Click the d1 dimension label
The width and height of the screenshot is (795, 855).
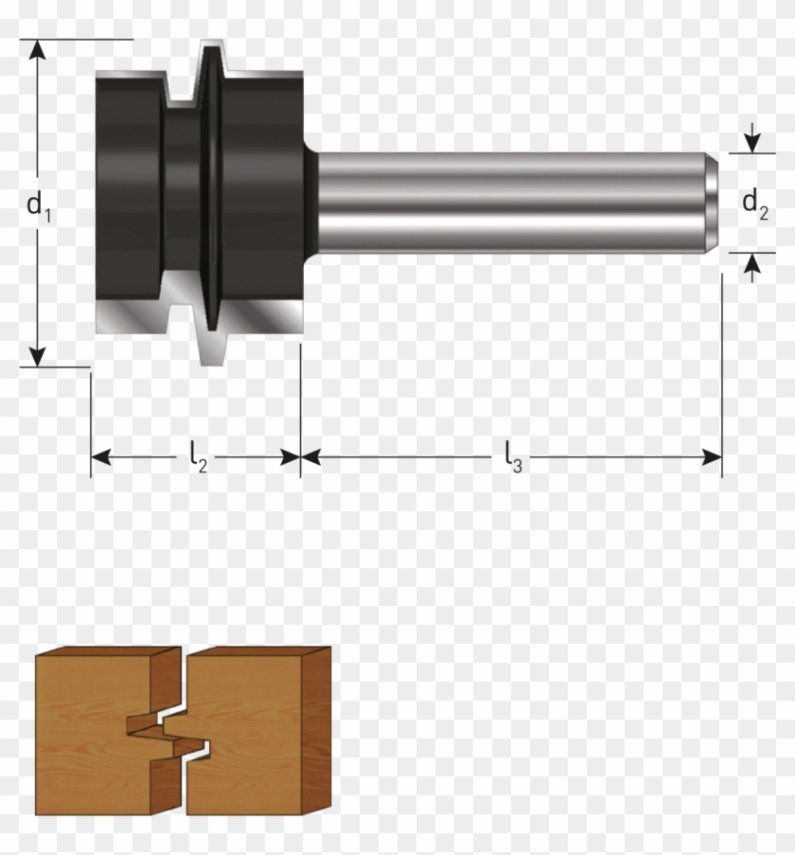(x=38, y=206)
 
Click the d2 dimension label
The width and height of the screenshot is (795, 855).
(x=753, y=203)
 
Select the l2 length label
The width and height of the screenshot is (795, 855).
(x=196, y=458)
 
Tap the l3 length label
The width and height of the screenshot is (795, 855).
(x=512, y=458)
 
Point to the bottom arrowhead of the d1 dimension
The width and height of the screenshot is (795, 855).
(x=37, y=356)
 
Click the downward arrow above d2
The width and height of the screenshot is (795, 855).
(x=752, y=143)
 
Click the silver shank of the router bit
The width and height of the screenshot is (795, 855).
(x=511, y=202)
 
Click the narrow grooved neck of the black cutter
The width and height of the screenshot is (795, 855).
(x=180, y=201)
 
